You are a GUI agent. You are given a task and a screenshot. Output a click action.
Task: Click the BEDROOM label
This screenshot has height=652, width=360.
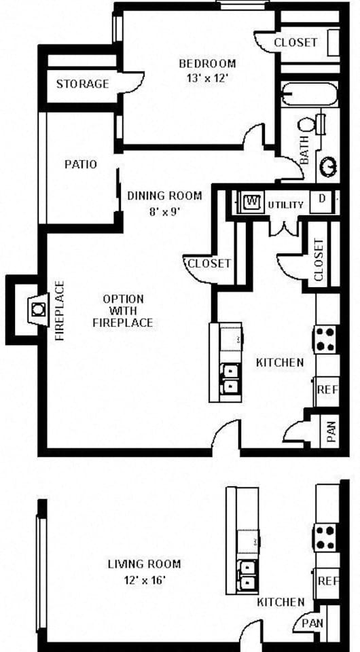[207, 64]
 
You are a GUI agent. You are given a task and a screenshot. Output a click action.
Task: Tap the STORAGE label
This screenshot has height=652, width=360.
[82, 84]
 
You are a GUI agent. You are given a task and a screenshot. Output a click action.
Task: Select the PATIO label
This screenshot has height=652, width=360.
[81, 164]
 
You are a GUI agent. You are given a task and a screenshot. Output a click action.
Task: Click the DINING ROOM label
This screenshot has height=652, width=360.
[164, 196]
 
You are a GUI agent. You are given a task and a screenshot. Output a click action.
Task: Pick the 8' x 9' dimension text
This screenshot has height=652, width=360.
[165, 212]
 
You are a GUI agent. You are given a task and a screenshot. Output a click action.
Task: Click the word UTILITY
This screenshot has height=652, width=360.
[285, 205]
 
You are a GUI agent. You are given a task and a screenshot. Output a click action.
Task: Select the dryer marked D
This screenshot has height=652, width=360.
[322, 199]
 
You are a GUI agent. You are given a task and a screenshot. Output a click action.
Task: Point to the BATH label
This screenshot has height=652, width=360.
[304, 150]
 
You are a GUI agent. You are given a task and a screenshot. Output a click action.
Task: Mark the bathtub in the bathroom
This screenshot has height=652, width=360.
[310, 94]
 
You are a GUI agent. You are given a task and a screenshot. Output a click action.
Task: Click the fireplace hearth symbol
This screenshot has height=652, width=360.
[38, 310]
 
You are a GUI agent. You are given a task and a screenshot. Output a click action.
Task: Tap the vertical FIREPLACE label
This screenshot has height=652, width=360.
[60, 310]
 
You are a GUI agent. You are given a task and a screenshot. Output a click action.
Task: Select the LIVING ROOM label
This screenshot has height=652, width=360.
[144, 564]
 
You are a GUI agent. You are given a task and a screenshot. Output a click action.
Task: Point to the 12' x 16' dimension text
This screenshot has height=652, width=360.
[144, 579]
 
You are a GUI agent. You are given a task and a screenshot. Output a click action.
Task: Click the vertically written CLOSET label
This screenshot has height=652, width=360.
[319, 260]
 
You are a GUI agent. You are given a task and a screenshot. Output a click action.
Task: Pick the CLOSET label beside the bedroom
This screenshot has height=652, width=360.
[295, 42]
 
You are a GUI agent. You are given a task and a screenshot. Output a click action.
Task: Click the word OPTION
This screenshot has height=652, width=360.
[123, 299]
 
